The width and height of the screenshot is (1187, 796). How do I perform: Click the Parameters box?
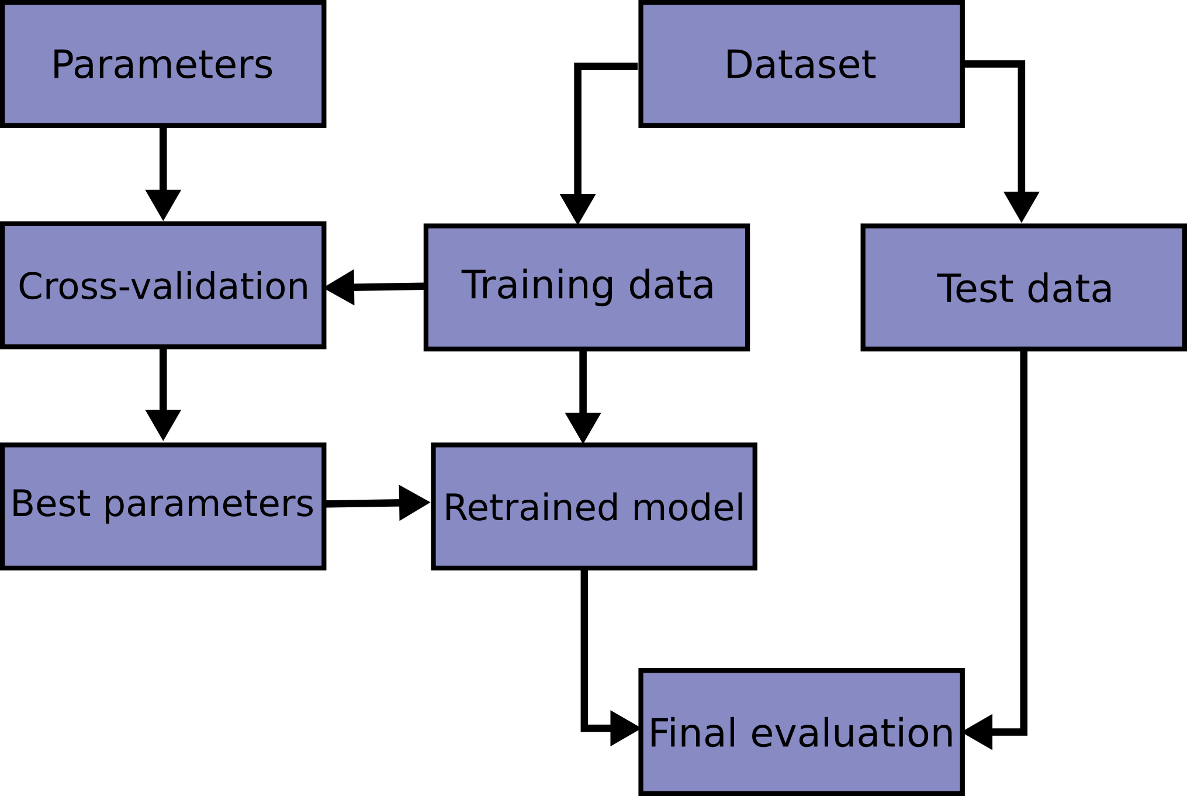click(162, 64)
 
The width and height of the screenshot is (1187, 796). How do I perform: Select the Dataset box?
click(801, 64)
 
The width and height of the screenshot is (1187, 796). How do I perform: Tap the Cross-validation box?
click(162, 286)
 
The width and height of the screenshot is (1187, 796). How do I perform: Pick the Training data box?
click(586, 287)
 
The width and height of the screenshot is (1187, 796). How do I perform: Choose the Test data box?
click(1023, 288)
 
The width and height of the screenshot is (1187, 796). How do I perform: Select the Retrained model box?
click(593, 506)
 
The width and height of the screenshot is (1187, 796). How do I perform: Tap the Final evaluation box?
click(801, 732)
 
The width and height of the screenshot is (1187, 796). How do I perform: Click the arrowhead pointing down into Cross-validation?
click(163, 203)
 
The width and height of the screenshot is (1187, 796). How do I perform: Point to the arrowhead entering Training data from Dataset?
click(577, 207)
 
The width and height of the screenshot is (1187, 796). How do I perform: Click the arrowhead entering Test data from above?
click(1021, 205)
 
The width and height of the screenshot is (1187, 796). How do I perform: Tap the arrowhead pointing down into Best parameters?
click(163, 423)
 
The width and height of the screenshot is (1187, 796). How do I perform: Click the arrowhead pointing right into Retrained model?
click(413, 503)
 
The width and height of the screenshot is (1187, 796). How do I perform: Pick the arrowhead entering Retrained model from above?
click(583, 426)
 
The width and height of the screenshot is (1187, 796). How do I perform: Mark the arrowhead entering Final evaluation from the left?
click(623, 728)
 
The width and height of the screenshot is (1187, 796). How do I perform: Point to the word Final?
click(695, 733)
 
